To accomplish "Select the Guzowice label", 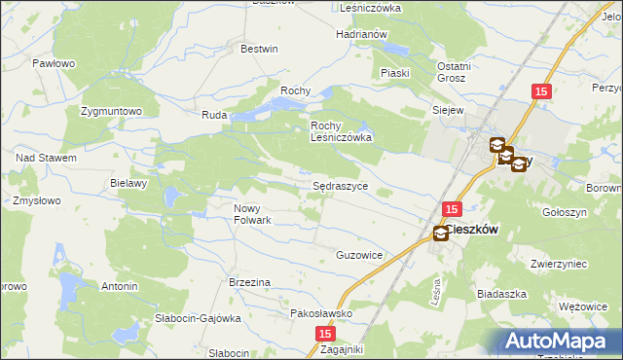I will [x=359, y=255].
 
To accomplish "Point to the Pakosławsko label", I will [x=321, y=314].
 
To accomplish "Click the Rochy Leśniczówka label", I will [x=342, y=132].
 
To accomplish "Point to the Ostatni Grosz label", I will [x=451, y=71].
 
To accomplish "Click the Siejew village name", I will [x=448, y=111].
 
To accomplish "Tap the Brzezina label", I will [x=249, y=282].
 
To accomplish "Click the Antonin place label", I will [x=120, y=287].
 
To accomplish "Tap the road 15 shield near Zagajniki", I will [x=324, y=333].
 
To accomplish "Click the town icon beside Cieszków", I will [x=441, y=233].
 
